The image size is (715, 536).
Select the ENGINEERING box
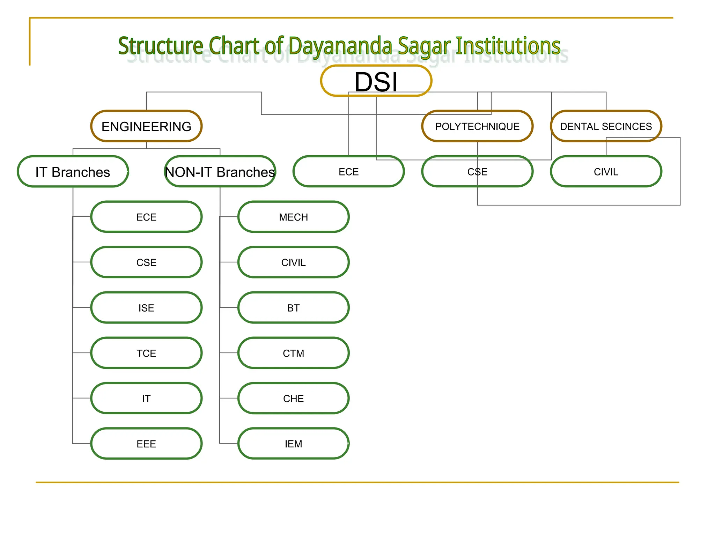146,126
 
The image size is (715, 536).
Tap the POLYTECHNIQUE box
477,126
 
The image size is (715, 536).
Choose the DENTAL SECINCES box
606,126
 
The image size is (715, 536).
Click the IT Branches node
73,172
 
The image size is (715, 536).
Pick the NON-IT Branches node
220,172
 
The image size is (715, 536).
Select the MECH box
293,217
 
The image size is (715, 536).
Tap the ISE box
146,308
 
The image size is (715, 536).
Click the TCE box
146,353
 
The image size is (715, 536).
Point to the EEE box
146,444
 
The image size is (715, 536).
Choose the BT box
293,308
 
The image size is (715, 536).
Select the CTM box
293,353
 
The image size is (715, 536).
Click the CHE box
293,399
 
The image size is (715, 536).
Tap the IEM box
293,444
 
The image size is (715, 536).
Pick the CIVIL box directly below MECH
293,262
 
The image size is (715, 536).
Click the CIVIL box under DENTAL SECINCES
606,172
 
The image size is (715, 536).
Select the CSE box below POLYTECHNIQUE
477,172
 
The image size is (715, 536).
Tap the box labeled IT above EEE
146,399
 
